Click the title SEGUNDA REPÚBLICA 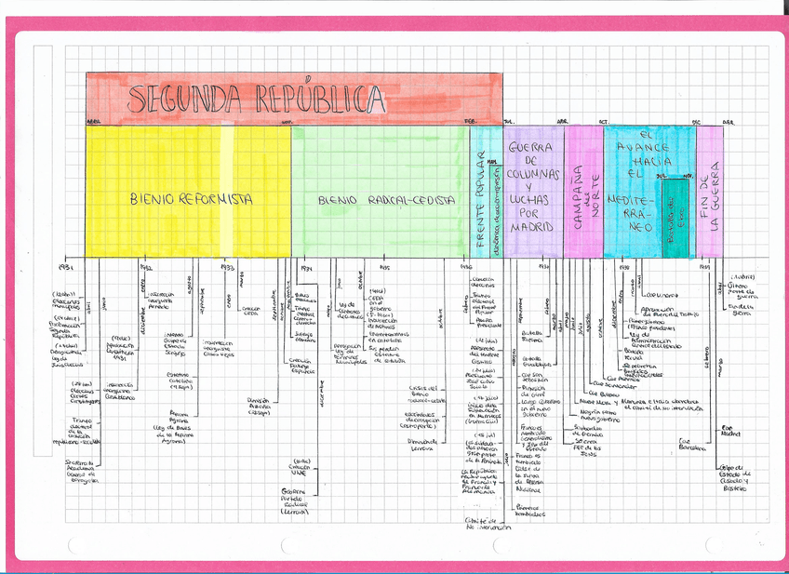pos(256,99)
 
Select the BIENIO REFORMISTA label pos(191,199)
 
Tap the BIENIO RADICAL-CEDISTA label pos(386,200)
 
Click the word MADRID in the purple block pos(532,227)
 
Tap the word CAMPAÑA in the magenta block pos(577,197)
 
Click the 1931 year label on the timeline pos(64,268)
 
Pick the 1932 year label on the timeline pos(146,268)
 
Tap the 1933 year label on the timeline pos(227,267)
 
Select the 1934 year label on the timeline pos(306,268)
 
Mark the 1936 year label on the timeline pos(467,268)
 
